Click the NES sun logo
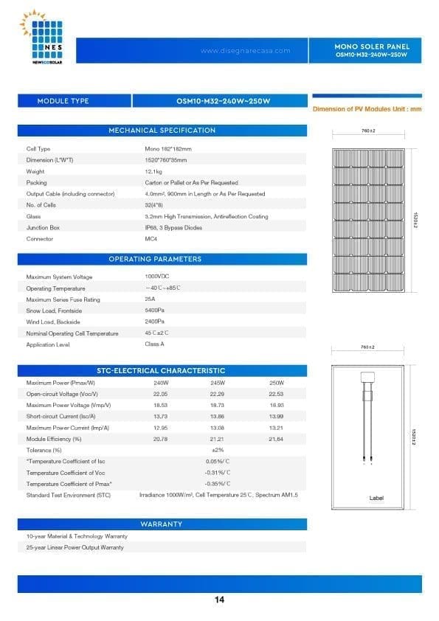[x=46, y=37]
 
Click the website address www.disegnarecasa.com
[x=245, y=51]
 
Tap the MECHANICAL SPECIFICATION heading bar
[x=162, y=131]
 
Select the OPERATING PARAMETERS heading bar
[x=162, y=260]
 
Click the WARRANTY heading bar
[x=162, y=524]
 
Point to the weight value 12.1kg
[x=154, y=171]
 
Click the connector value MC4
[x=151, y=239]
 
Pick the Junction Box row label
[x=43, y=228]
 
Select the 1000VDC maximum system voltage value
[x=157, y=276]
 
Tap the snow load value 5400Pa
[x=154, y=310]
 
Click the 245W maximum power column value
[x=218, y=383]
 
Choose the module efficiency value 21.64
[x=277, y=439]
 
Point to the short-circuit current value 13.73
[x=161, y=417]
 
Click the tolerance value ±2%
[x=218, y=450]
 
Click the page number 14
[x=219, y=600]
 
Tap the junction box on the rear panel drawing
[x=368, y=377]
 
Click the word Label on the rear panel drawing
[x=376, y=499]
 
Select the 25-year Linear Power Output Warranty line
[x=75, y=547]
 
